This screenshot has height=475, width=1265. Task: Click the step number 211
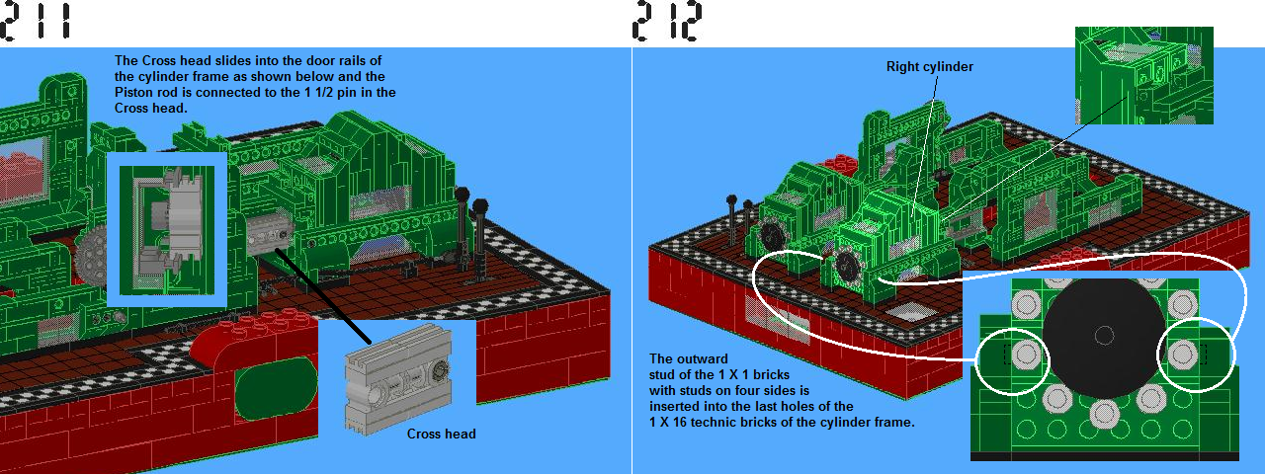click(x=37, y=22)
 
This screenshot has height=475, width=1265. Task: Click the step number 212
click(x=667, y=22)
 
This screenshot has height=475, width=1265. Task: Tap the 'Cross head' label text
click(x=441, y=434)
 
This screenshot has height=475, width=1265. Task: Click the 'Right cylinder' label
click(x=930, y=66)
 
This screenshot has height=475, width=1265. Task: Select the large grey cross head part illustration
click(x=398, y=378)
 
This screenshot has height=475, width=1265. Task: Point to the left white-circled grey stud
click(x=1026, y=355)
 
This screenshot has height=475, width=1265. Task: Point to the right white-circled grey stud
click(x=1182, y=355)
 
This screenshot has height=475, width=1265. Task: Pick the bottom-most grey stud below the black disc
click(x=1103, y=414)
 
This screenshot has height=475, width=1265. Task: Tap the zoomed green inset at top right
click(x=1144, y=75)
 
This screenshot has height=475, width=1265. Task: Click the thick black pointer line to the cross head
click(x=323, y=296)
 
